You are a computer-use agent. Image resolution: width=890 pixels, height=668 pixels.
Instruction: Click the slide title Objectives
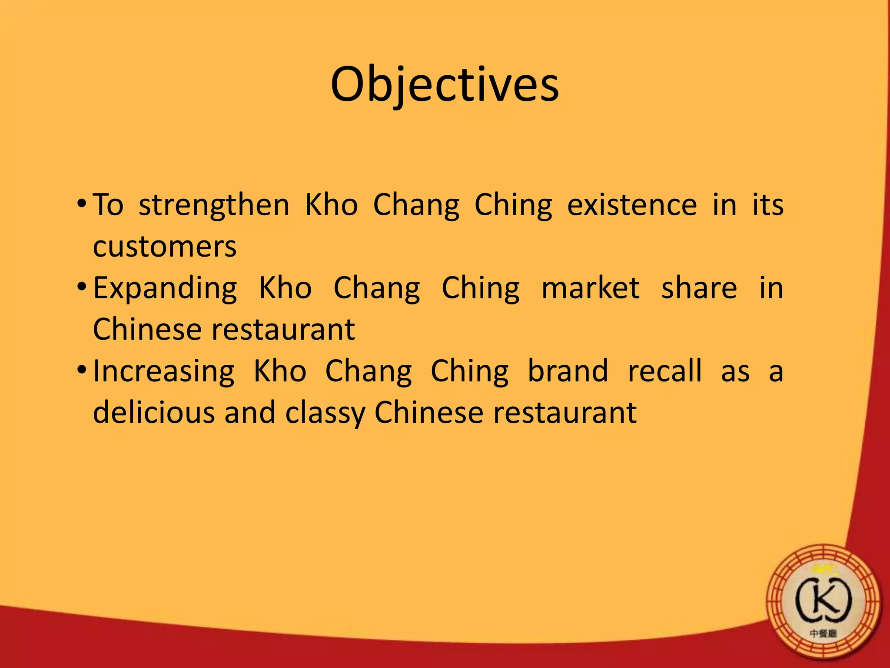pyautogui.click(x=445, y=85)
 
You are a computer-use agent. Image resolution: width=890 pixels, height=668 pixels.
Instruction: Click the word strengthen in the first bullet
pyautogui.click(x=214, y=205)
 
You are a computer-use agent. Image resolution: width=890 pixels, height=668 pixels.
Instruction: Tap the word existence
pyautogui.click(x=632, y=205)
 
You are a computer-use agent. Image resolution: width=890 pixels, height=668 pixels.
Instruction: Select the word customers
pyautogui.click(x=165, y=247)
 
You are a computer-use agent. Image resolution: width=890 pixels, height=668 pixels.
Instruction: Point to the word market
pyautogui.click(x=591, y=288)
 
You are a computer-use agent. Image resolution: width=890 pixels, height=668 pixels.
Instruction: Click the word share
pyautogui.click(x=699, y=288)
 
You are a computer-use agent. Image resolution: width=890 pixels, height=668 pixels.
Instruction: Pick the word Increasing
pyautogui.click(x=164, y=372)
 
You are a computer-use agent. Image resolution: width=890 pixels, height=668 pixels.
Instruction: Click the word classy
pyautogui.click(x=325, y=413)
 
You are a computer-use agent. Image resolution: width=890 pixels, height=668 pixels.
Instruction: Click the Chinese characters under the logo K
pyautogui.click(x=823, y=634)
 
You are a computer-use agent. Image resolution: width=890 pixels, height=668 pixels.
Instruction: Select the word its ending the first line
pyautogui.click(x=768, y=205)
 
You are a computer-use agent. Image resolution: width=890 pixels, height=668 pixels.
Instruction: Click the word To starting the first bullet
pyautogui.click(x=108, y=205)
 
